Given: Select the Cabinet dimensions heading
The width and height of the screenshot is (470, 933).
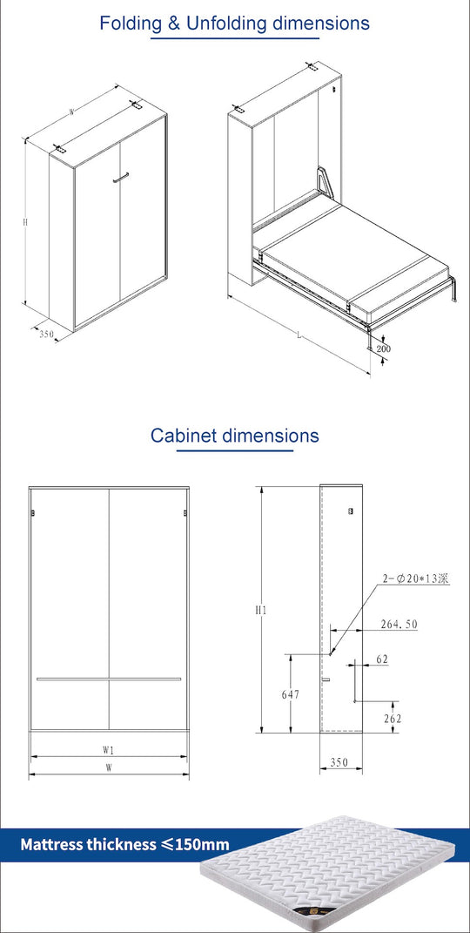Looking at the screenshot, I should pos(234,435).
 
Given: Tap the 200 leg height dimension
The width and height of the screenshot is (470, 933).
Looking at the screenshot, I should pos(384,349).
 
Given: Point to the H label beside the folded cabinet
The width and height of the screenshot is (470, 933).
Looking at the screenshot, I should pos(25,223).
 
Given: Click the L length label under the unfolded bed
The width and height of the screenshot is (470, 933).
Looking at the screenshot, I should pos(299,335).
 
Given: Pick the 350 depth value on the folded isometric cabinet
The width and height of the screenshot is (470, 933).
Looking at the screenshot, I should pos(46,333).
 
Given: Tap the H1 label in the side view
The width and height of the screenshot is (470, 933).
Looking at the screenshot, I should pos(260,610).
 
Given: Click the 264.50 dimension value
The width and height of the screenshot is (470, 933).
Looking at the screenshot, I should pos(399,624).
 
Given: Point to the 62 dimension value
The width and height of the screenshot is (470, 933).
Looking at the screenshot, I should pos(382,659).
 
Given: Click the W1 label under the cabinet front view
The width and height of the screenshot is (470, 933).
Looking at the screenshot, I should pos(108,748).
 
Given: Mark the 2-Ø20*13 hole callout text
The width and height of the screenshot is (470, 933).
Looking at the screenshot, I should pos(415,578).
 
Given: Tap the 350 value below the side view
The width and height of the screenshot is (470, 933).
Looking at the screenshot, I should pos(339,762).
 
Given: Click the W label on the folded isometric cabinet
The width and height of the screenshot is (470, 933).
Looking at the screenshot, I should pos(70,112).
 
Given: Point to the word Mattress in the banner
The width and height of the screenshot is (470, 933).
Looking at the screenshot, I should pos(53,843).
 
